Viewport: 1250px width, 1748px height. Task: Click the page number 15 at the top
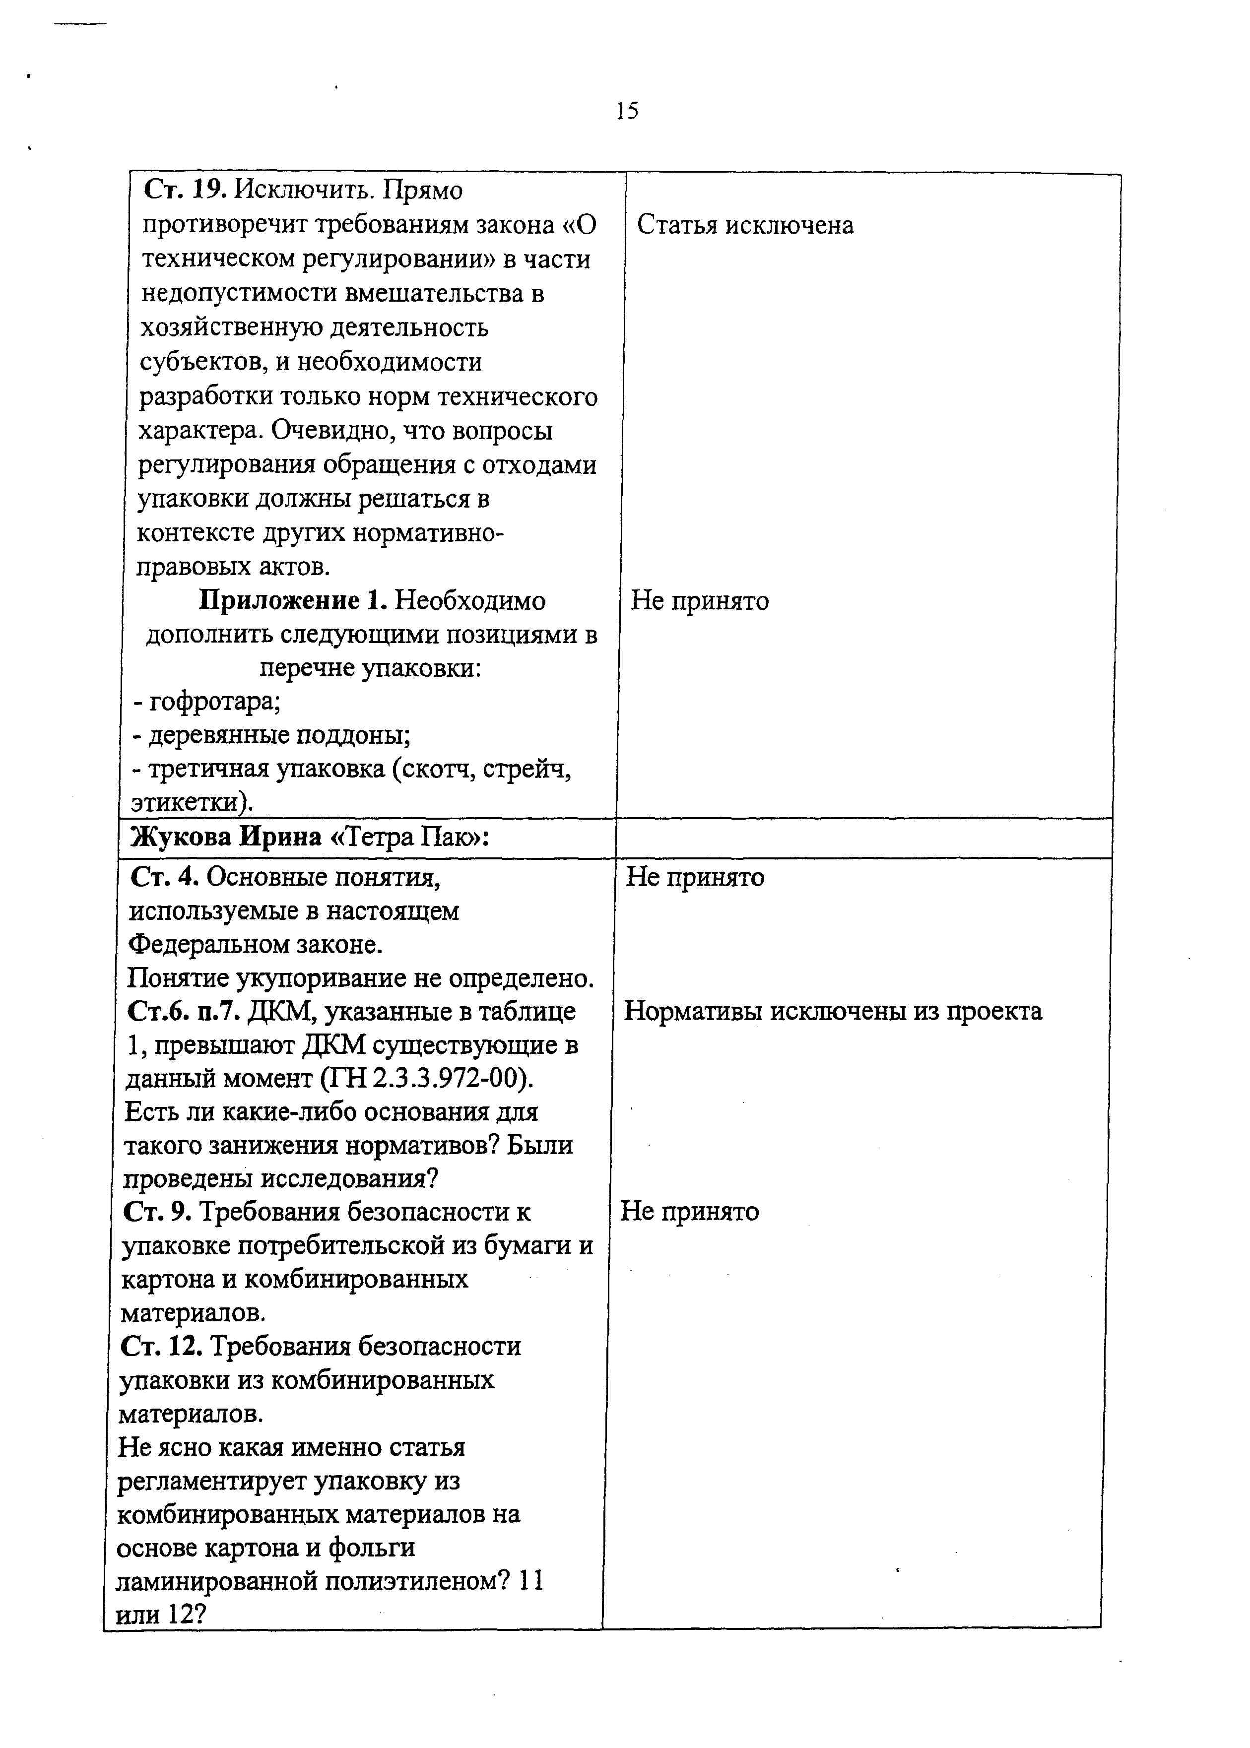point(627,112)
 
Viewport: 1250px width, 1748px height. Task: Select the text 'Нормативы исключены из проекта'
point(833,1011)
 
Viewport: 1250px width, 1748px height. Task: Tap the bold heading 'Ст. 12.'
point(161,1346)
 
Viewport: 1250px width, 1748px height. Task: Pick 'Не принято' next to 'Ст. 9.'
point(690,1212)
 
